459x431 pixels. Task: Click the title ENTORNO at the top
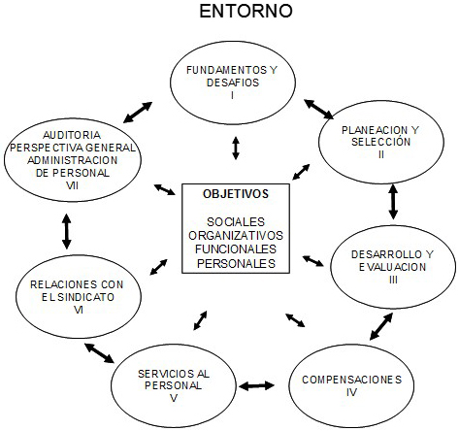246,11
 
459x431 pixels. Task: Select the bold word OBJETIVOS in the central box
236,194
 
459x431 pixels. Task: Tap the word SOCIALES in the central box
236,222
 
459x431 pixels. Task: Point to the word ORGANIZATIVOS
236,236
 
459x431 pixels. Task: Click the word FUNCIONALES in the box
236,249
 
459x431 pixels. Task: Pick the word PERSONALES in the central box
236,263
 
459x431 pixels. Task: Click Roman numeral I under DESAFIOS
233,95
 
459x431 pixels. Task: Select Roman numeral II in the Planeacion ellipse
381,154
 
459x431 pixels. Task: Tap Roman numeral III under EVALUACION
393,280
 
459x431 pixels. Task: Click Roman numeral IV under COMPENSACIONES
351,392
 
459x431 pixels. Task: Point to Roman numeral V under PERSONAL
174,398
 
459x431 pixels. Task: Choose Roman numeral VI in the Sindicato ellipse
79,310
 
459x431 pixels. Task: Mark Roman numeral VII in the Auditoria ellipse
72,185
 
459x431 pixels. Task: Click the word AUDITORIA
72,135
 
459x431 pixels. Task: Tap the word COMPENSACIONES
352,380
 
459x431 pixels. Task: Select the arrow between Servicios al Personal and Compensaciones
257,385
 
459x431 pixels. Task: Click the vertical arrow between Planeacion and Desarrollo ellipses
393,202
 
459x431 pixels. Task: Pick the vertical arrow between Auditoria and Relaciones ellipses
67,231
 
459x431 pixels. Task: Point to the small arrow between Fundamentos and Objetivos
236,149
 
